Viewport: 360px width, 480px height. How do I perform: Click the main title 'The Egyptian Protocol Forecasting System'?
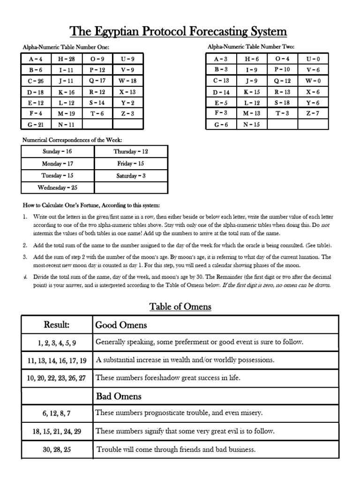tap(178, 32)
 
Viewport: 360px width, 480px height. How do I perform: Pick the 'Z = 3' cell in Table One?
tap(127, 113)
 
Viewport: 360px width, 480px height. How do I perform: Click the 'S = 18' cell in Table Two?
tap(282, 102)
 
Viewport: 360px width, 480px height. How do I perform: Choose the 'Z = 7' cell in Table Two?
tap(313, 113)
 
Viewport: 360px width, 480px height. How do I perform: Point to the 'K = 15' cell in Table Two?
tap(252, 91)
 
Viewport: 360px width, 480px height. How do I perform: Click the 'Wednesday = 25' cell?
tap(58, 187)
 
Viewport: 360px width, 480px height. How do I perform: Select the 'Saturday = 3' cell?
tap(131, 176)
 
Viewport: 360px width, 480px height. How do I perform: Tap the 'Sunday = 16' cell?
tap(58, 152)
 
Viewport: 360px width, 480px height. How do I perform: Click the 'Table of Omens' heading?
tap(180, 307)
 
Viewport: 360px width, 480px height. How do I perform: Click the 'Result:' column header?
tap(57, 325)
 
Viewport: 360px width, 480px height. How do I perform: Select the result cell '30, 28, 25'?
tap(57, 450)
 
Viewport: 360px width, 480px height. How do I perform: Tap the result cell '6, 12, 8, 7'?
tap(57, 413)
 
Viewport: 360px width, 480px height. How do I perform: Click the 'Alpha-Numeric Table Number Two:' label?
tap(251, 47)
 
